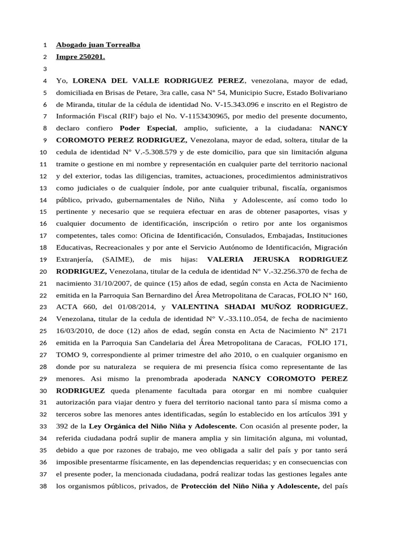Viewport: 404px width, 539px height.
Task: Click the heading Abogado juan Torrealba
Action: pyautogui.click(x=98, y=45)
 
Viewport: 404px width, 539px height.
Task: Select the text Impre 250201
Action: pyautogui.click(x=80, y=57)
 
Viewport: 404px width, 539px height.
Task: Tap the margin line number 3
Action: pyautogui.click(x=45, y=69)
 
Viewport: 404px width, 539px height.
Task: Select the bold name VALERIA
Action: pyautogui.click(x=228, y=259)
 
